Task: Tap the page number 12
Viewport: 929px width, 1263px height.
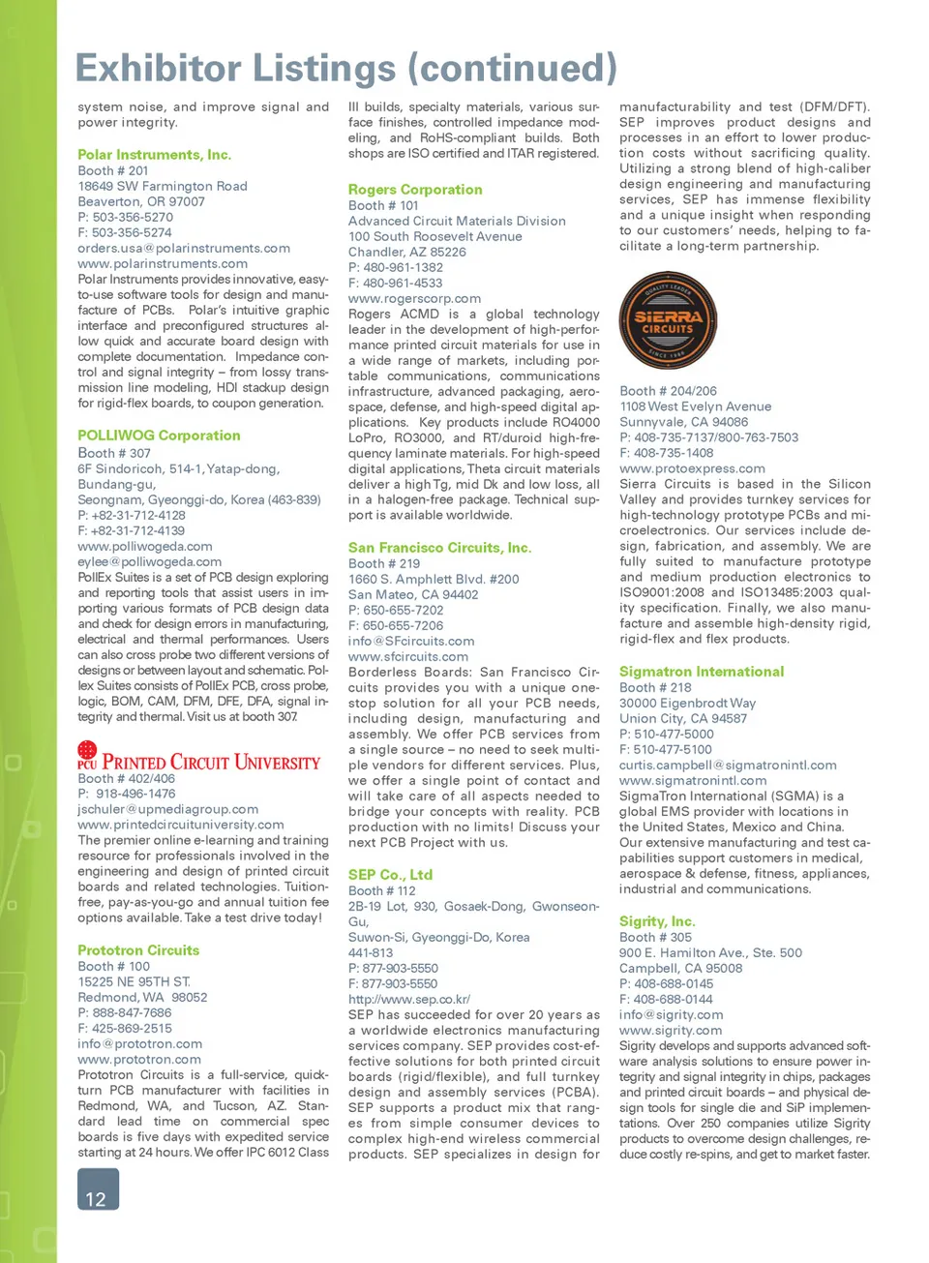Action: point(97,1191)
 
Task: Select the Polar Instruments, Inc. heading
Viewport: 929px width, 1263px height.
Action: point(154,155)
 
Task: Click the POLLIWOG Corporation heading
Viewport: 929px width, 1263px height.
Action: point(159,436)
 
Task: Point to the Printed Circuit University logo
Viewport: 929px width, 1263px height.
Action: point(198,757)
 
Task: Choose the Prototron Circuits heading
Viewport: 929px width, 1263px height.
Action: point(138,950)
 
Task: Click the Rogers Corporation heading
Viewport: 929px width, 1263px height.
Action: point(415,190)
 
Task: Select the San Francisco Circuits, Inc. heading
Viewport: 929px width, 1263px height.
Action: point(439,548)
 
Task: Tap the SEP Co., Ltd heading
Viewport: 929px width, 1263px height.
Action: point(390,875)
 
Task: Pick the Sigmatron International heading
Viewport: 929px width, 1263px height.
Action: point(702,672)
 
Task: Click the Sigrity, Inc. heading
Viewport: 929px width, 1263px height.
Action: point(657,921)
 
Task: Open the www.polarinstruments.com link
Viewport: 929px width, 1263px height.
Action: point(163,263)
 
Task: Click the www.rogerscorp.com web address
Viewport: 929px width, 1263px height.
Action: point(414,298)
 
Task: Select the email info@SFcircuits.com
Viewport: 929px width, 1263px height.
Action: point(411,641)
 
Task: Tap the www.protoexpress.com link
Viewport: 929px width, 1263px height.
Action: point(692,468)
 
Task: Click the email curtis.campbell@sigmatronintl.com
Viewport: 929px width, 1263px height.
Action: point(728,765)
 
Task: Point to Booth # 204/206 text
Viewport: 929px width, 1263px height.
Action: point(668,391)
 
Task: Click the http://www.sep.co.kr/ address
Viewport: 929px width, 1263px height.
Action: point(409,999)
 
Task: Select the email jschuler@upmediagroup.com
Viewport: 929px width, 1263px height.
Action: point(168,809)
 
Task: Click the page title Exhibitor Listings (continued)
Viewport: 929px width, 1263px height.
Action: point(345,68)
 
